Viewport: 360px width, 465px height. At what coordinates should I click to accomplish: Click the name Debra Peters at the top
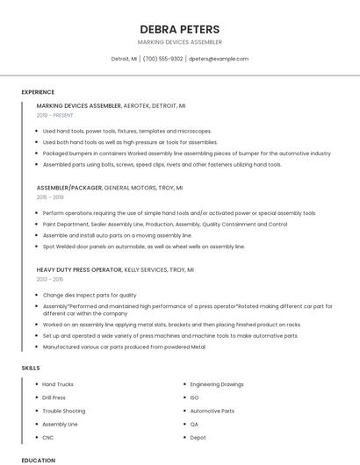[179, 29]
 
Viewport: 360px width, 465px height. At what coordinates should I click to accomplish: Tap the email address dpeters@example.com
[218, 59]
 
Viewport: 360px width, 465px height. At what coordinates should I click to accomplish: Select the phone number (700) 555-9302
[162, 59]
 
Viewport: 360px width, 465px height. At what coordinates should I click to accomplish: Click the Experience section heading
[38, 91]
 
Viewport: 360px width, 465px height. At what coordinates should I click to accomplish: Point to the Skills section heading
[31, 368]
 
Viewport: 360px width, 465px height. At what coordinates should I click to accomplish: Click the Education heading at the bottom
[38, 460]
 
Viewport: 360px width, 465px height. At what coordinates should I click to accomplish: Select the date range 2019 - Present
[55, 115]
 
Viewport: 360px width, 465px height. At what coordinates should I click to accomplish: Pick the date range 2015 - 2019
[51, 197]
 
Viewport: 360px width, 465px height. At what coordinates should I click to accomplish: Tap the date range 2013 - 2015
[50, 279]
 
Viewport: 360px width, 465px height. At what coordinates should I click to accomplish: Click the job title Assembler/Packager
[68, 188]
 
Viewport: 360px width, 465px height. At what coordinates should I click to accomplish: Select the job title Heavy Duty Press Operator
[79, 269]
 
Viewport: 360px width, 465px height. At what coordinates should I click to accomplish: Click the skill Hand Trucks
[58, 384]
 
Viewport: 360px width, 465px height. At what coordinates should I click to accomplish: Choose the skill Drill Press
[54, 397]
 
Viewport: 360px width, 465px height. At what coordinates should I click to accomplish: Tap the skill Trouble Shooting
[63, 411]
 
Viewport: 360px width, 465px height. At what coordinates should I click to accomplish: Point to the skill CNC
[48, 437]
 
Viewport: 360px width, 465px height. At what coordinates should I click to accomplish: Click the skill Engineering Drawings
[217, 384]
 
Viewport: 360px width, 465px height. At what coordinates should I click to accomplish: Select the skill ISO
[194, 397]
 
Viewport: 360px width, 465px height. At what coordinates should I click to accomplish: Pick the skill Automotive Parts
[212, 411]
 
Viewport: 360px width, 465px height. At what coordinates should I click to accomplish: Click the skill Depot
[198, 437]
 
